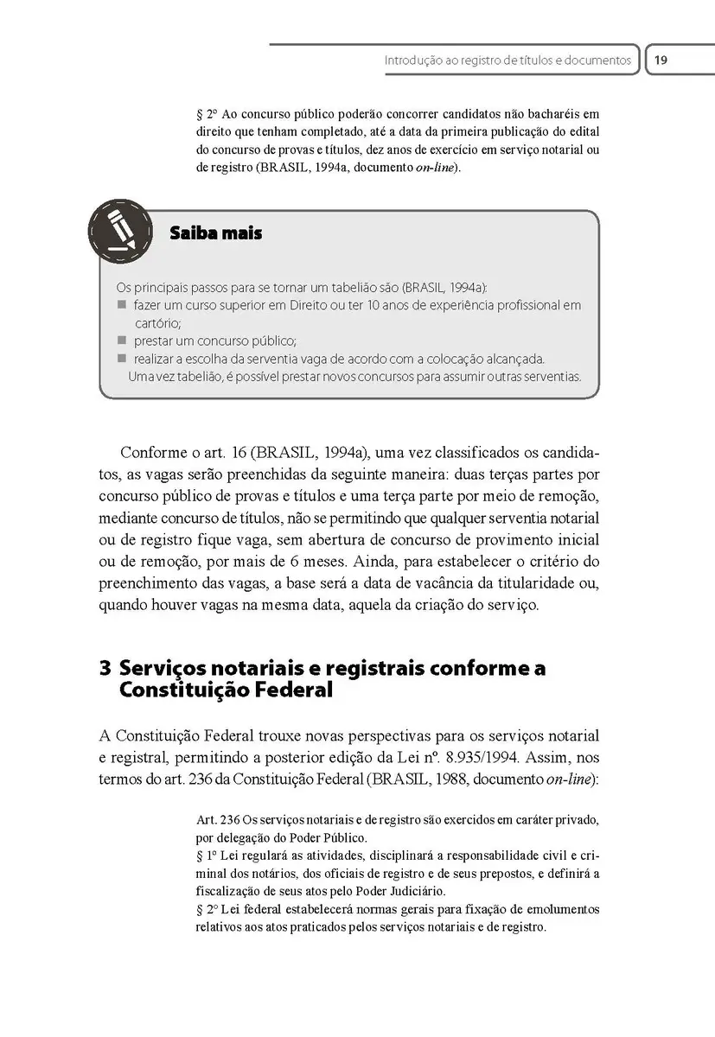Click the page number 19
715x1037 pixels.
pyautogui.click(x=661, y=60)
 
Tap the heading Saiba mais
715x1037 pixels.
pyautogui.click(x=215, y=233)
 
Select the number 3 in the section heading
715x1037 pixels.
pyautogui.click(x=105, y=669)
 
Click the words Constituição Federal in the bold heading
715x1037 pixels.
pyautogui.click(x=227, y=691)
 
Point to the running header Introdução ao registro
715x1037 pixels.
pyautogui.click(x=508, y=60)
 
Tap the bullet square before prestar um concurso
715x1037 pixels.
pyautogui.click(x=121, y=340)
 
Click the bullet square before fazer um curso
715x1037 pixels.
pyautogui.click(x=121, y=305)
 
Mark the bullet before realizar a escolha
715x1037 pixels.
pyautogui.click(x=121, y=357)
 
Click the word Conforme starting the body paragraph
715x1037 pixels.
pyautogui.click(x=151, y=453)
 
